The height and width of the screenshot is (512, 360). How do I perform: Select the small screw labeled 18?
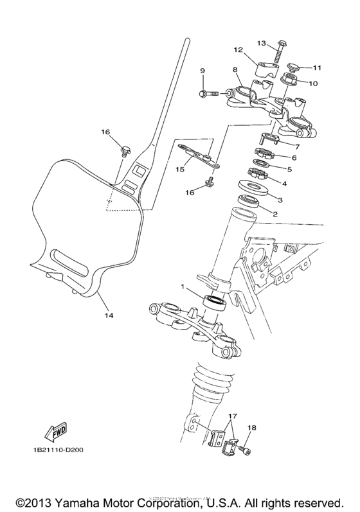[x=246, y=452]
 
